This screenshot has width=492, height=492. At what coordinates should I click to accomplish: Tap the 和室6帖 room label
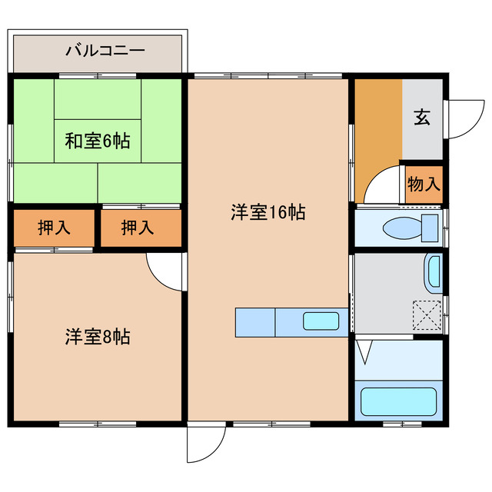click(x=97, y=141)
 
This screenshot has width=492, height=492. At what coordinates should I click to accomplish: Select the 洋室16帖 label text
click(x=268, y=213)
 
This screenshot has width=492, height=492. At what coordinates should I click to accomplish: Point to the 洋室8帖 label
click(x=97, y=336)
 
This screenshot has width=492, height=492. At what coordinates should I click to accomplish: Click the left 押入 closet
click(x=52, y=228)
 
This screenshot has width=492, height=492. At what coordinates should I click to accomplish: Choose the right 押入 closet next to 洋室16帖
click(x=138, y=228)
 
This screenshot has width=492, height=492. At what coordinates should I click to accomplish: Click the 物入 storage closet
click(x=424, y=184)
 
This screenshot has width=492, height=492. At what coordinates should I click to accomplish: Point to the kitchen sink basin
click(x=319, y=321)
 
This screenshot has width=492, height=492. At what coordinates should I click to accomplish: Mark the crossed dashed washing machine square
click(x=427, y=314)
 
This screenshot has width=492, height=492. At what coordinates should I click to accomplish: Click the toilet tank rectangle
click(x=430, y=228)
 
